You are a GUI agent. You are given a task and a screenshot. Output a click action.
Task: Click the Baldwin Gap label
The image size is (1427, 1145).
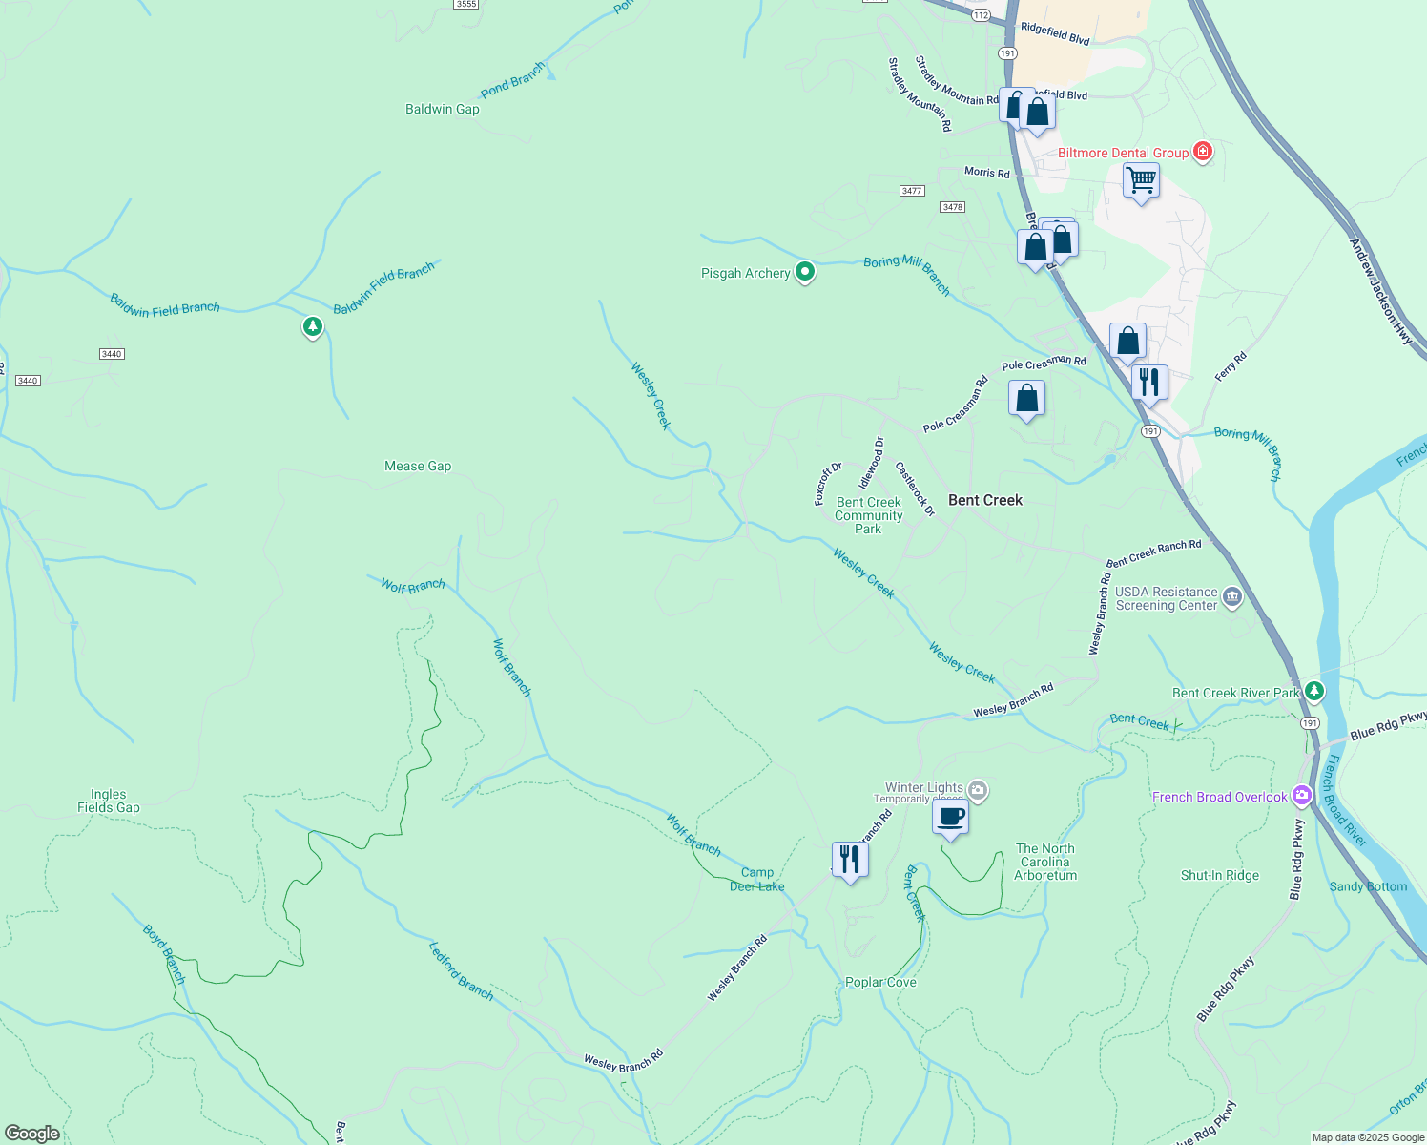[442, 109]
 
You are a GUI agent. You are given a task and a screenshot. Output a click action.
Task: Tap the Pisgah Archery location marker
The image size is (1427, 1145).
[805, 273]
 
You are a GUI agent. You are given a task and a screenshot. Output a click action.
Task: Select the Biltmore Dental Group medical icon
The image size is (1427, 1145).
[1203, 152]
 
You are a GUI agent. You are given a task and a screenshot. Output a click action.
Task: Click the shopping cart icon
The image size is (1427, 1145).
[1141, 180]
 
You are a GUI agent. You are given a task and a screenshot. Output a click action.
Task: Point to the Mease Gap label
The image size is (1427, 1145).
[418, 466]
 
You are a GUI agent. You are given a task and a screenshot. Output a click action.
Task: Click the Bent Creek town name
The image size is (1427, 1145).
[984, 500]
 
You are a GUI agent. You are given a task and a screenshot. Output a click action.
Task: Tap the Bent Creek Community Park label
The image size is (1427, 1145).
[868, 515]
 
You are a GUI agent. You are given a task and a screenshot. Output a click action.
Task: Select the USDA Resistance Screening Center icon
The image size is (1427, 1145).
[1231, 598]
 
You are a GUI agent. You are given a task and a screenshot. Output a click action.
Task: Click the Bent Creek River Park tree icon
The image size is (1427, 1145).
[1314, 691]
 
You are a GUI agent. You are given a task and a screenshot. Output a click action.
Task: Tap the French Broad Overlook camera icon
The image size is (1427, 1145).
[1302, 796]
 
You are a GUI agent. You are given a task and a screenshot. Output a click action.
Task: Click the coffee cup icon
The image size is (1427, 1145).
[950, 818]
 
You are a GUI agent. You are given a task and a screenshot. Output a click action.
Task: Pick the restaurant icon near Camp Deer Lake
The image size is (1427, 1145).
[849, 860]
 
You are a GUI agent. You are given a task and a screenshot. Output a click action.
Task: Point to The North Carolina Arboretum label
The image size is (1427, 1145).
[1045, 862]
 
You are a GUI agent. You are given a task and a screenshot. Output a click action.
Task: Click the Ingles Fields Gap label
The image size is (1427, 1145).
[109, 801]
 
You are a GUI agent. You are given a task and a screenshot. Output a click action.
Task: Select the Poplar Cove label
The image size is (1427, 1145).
[880, 982]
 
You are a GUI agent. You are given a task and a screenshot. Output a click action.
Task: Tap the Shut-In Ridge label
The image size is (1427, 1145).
[1219, 875]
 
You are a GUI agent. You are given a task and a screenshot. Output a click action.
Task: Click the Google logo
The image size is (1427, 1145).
[32, 1133]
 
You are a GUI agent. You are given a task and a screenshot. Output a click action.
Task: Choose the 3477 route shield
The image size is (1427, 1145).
[912, 191]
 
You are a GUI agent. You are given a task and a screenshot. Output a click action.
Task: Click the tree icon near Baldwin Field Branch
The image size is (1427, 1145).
[312, 327]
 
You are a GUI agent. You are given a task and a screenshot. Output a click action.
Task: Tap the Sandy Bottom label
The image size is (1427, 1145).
[1368, 886]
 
